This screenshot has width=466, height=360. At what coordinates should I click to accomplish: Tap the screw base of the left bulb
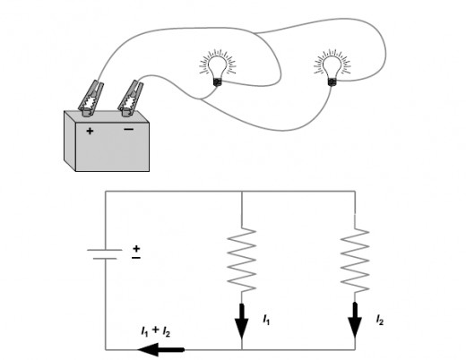click(x=218, y=81)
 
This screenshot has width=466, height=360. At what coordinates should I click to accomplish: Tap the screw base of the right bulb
click(x=332, y=81)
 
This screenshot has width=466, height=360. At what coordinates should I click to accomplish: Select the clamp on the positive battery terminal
click(x=91, y=99)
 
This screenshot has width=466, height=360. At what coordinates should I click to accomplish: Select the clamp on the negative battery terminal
click(x=130, y=99)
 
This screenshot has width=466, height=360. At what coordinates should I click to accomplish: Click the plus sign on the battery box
click(x=90, y=131)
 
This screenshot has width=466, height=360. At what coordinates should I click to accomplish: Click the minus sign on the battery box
click(x=129, y=129)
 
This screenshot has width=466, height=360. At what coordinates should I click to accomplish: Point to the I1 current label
click(x=266, y=320)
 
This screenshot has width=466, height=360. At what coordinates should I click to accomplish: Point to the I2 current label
click(x=379, y=320)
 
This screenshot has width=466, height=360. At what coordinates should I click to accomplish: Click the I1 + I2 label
click(x=155, y=331)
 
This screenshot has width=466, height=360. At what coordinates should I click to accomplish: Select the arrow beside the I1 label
click(x=241, y=321)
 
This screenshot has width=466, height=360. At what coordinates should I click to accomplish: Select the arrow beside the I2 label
click(x=355, y=321)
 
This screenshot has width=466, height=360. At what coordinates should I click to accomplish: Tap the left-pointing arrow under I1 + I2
click(x=160, y=349)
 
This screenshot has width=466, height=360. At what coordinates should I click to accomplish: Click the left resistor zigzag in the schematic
click(x=241, y=260)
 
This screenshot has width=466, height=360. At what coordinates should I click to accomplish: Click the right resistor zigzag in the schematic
click(x=355, y=261)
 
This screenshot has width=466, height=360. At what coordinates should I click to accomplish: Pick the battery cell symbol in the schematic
click(x=105, y=254)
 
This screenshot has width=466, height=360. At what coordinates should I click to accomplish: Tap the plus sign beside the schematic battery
click(x=136, y=248)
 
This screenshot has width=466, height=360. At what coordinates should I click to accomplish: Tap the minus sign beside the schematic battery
click(x=136, y=258)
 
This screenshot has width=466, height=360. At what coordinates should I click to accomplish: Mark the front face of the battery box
click(x=112, y=147)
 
